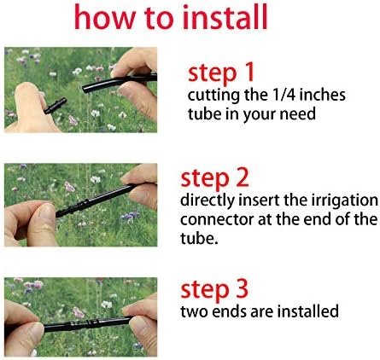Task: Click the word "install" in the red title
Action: (225, 17)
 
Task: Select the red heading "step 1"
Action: (221, 73)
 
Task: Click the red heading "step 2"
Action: (214, 178)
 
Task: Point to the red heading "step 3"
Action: (214, 289)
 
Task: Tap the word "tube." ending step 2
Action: (199, 238)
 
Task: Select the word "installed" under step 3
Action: (308, 311)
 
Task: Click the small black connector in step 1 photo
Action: (56, 106)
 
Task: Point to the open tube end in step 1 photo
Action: (85, 89)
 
